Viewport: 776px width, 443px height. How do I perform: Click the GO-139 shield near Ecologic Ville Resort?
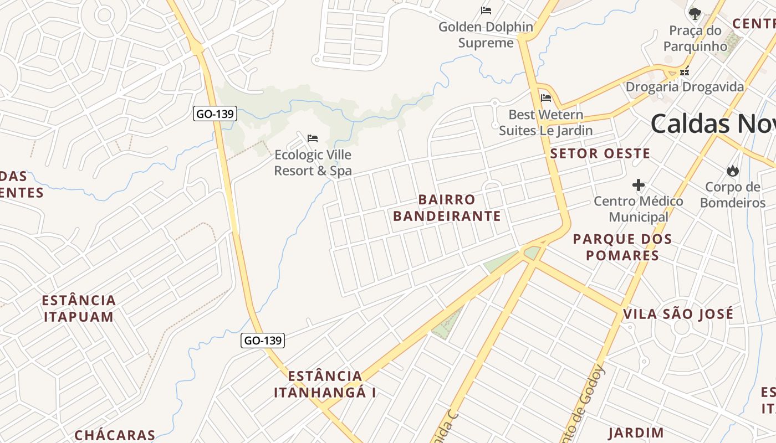[x=216, y=114]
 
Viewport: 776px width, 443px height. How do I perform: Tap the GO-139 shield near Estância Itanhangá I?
[x=263, y=340]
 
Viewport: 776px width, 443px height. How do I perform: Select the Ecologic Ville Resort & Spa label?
[x=313, y=163]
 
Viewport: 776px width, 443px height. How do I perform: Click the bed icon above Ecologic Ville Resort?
[x=313, y=138]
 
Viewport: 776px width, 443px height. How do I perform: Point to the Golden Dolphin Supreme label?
[x=486, y=34]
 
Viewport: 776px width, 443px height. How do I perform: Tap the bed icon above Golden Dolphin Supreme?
[x=486, y=10]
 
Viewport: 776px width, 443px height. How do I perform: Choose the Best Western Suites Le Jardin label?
[x=546, y=122]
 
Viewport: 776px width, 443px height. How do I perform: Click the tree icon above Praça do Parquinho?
[x=695, y=13]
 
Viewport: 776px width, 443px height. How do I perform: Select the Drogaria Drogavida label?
[x=685, y=87]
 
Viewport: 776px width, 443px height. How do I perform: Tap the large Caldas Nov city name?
[x=713, y=123]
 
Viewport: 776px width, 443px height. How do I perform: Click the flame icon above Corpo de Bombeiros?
[x=733, y=171]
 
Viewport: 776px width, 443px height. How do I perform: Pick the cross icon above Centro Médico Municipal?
[x=639, y=185]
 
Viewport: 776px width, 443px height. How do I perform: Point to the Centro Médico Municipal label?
[x=639, y=209]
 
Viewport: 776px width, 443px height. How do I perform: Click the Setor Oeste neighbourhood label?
[x=600, y=153]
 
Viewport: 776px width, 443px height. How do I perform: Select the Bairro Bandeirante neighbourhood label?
[x=447, y=208]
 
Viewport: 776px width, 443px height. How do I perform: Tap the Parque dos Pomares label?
[x=622, y=247]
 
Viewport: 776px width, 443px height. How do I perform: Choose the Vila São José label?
[x=678, y=314]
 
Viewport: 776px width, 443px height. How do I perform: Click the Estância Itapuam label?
[x=79, y=308]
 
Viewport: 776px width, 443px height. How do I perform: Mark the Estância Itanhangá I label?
[x=325, y=384]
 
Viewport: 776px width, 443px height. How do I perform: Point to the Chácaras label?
[x=115, y=435]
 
